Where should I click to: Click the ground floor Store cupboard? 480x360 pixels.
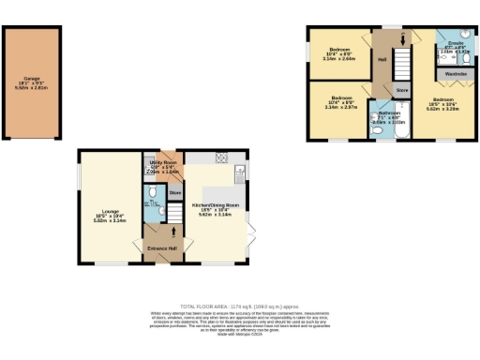[174, 192]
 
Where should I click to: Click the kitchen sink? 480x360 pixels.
[240, 172]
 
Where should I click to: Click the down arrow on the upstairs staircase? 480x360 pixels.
[402, 40]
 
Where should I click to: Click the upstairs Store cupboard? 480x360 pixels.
[401, 91]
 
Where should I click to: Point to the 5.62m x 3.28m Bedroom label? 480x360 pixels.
[443, 103]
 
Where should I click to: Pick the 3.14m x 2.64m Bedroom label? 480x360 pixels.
[338, 52]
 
